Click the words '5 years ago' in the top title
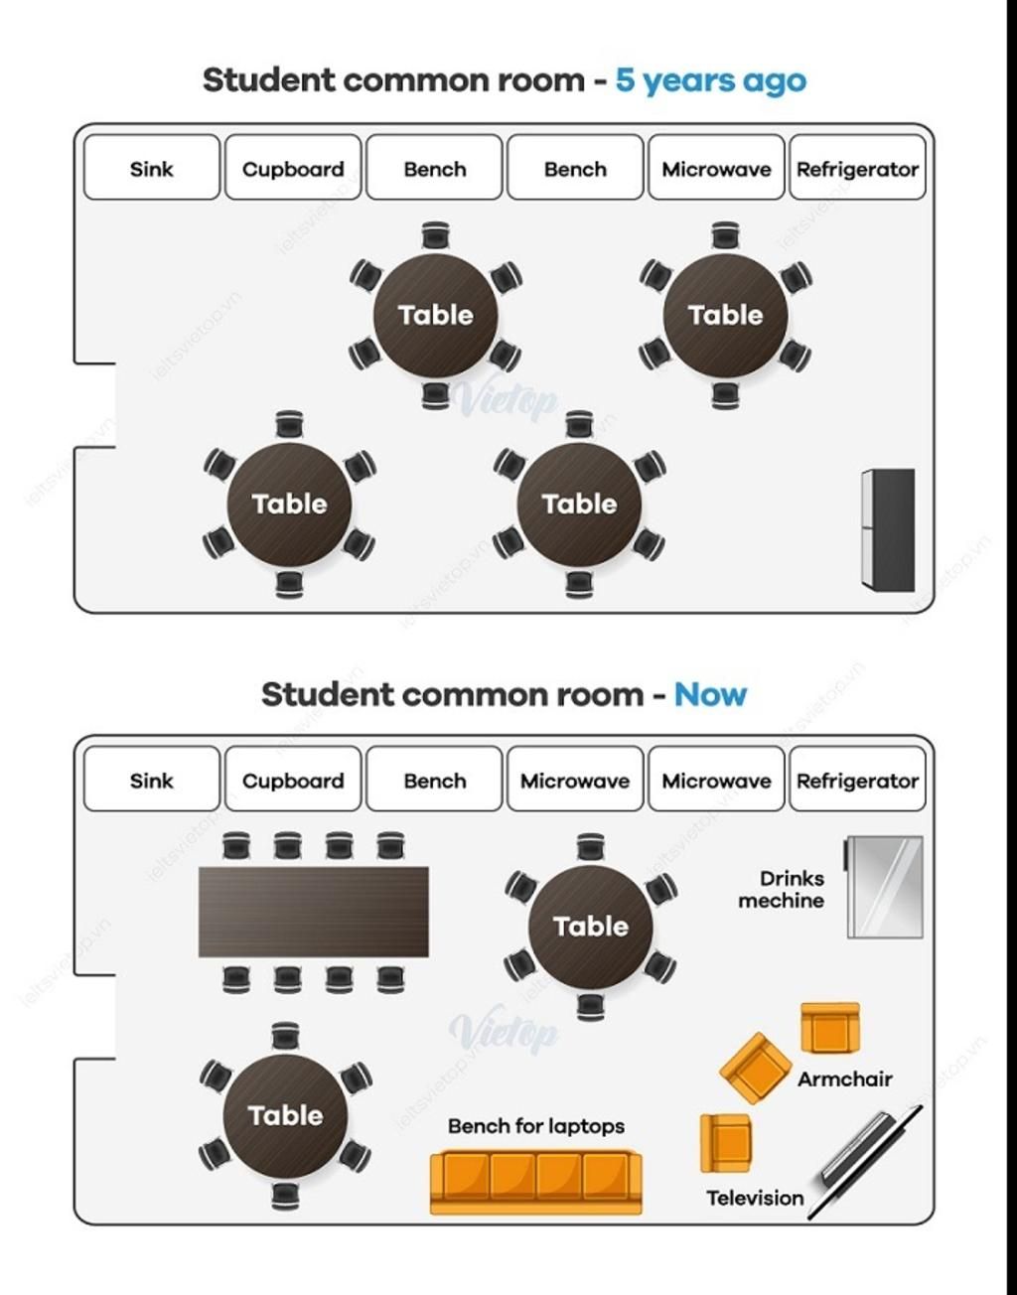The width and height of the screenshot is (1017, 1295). [710, 80]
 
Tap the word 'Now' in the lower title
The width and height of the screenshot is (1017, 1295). [710, 694]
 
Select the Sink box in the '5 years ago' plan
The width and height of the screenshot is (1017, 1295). [152, 168]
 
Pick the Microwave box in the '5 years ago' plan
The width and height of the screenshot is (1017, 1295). [716, 168]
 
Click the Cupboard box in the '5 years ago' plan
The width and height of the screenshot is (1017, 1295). [293, 168]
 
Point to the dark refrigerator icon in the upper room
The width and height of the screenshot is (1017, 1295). [888, 530]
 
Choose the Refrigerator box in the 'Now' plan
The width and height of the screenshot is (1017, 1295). [857, 781]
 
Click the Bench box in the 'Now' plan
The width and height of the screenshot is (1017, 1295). [434, 781]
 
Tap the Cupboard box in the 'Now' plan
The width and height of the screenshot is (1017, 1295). [293, 781]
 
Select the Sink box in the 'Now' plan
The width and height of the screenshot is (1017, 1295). [152, 781]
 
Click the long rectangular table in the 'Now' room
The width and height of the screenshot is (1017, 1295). [314, 912]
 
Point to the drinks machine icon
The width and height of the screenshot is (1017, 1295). [884, 887]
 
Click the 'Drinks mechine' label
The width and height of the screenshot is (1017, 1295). [782, 890]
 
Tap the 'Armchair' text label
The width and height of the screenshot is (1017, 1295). [844, 1079]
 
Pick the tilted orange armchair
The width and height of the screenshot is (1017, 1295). [756, 1068]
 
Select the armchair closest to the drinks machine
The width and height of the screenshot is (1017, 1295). [830, 1028]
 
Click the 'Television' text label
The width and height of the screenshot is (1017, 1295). [755, 1198]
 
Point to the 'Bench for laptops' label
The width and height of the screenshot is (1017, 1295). [535, 1126]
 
